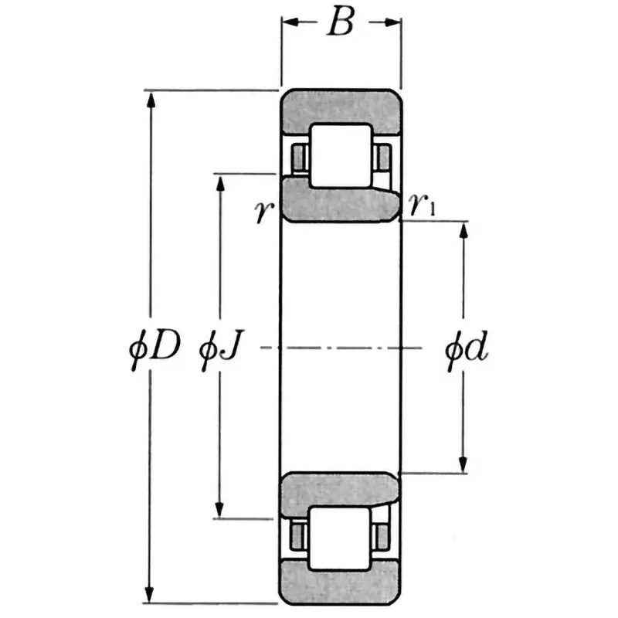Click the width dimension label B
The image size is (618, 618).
pyautogui.click(x=340, y=24)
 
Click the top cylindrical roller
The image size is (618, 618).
pyautogui.click(x=341, y=154)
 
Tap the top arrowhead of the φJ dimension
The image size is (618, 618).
pyautogui.click(x=220, y=182)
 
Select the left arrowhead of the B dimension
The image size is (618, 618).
pyautogui.click(x=287, y=23)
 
